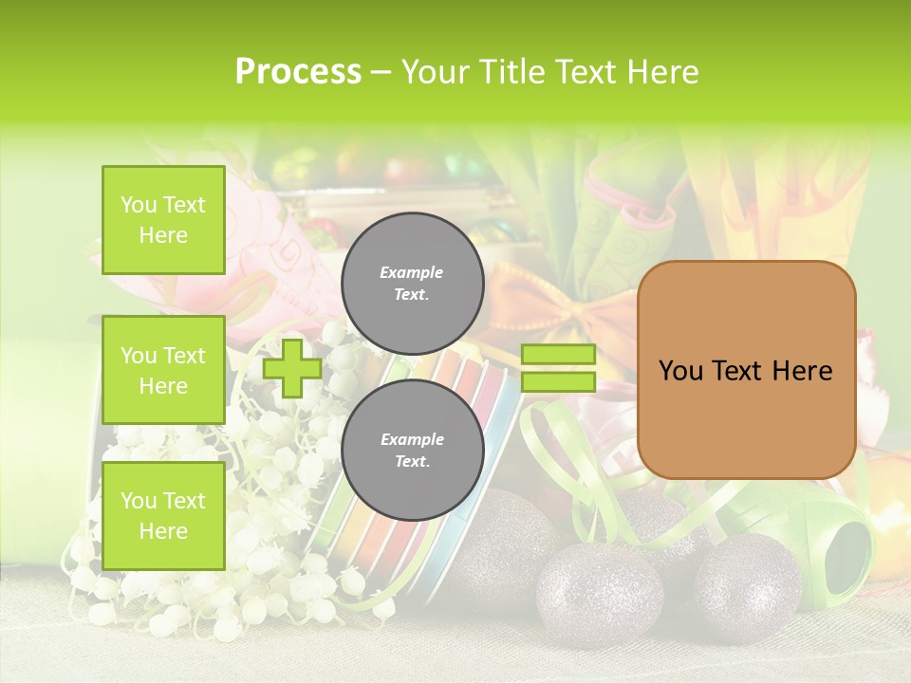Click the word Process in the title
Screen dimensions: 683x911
point(298,72)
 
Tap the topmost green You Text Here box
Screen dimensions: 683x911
point(163,220)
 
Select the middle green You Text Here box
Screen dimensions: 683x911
point(163,370)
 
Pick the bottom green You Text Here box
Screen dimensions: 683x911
point(163,515)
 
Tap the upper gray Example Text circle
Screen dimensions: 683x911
point(412,283)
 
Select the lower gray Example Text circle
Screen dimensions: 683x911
point(412,450)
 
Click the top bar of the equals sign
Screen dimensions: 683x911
point(558,355)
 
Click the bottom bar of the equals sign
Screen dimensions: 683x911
point(558,382)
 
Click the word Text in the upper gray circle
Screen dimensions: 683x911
point(412,294)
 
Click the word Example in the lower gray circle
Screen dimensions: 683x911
point(412,439)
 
